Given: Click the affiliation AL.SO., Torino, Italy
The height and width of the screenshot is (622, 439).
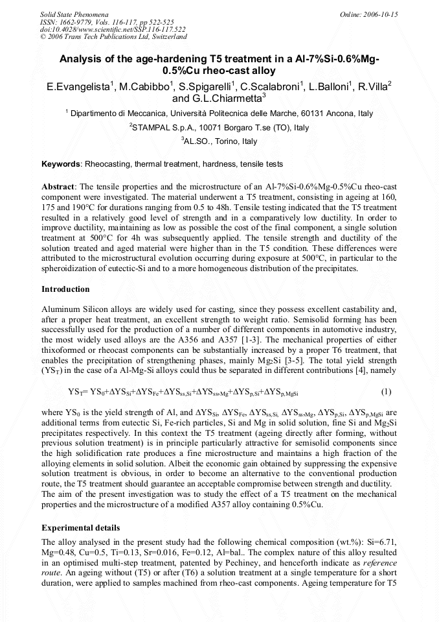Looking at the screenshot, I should tap(219, 141).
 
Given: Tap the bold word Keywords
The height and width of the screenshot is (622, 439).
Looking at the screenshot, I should tap(62, 165).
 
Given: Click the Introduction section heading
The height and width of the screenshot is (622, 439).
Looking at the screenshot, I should tap(65, 289).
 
